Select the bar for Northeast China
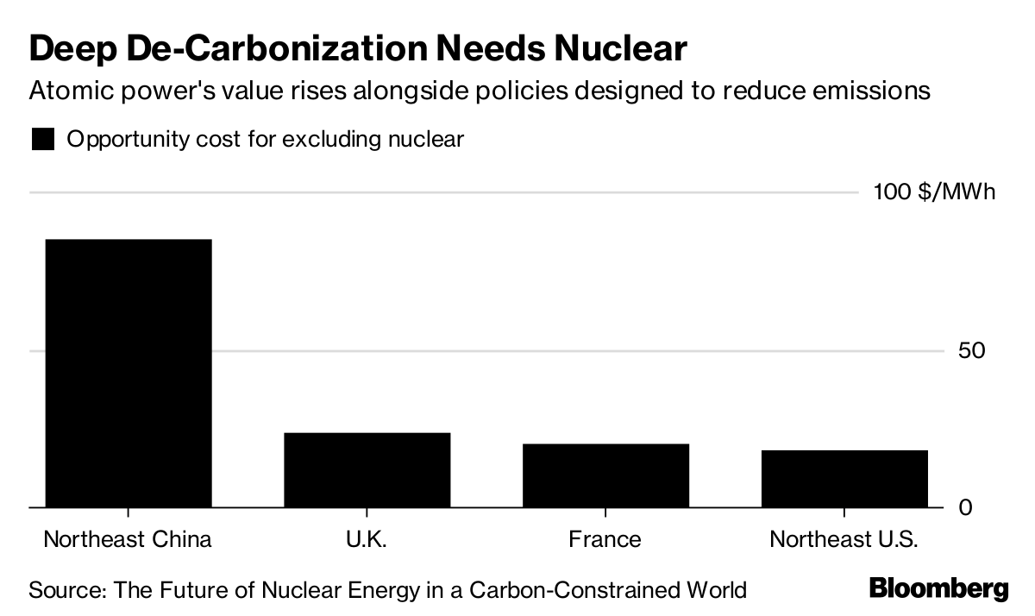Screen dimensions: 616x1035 point(128,373)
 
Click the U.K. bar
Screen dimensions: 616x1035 point(367,469)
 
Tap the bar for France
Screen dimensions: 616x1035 point(605,475)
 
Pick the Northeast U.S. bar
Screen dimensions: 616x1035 point(844,478)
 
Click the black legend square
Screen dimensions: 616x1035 point(43,139)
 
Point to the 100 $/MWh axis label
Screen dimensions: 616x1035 point(934,192)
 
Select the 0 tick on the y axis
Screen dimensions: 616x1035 point(966,507)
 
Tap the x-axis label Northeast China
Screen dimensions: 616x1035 point(128,540)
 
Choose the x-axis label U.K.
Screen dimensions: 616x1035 point(367,540)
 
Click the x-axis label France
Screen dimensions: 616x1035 point(605,540)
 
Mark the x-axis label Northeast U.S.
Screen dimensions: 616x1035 point(844,540)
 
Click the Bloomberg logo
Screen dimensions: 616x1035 point(938,590)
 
